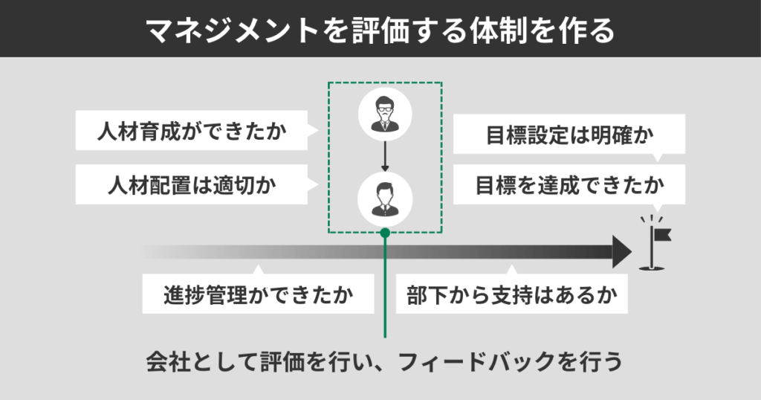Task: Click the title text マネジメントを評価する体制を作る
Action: point(380,30)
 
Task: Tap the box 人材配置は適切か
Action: point(192,185)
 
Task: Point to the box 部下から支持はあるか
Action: point(512,296)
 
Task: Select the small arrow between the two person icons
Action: point(385,157)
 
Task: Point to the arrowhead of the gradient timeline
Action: point(622,252)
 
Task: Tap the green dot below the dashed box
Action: point(385,233)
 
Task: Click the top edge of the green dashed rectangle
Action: point(385,83)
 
